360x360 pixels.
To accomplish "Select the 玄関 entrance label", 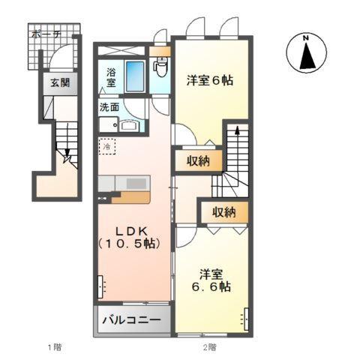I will pyautogui.click(x=58, y=83).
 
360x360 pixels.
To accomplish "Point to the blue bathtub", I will pyautogui.click(x=135, y=77).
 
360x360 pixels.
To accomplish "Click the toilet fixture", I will pyautogui.click(x=160, y=69).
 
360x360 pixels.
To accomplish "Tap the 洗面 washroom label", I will pyautogui.click(x=109, y=106).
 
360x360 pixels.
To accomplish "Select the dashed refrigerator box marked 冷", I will pyautogui.click(x=108, y=148).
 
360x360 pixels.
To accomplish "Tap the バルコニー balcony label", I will pyautogui.click(x=131, y=321).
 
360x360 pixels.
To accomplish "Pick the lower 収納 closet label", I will pyautogui.click(x=223, y=213).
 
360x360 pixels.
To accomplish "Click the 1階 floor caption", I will pyautogui.click(x=53, y=346).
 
